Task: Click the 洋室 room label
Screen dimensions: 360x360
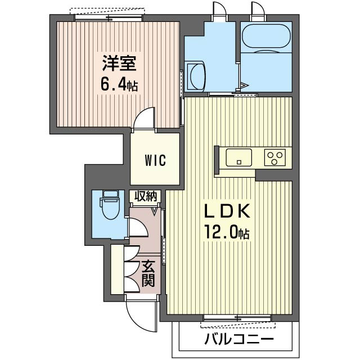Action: coord(119,64)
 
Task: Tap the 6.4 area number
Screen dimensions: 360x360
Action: coord(113,85)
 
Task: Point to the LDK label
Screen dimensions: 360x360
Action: coord(227,211)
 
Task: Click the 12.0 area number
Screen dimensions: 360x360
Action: coord(222,232)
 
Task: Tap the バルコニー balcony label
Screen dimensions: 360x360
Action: coord(239,339)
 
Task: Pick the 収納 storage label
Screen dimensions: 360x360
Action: coord(146,196)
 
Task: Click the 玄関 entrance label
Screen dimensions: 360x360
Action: coord(148,274)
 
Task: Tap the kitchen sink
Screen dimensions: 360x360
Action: coord(238,157)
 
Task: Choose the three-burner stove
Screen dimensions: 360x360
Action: coord(274,157)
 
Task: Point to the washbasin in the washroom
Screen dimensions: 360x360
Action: coord(196,76)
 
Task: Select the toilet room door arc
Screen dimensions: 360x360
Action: coord(138,227)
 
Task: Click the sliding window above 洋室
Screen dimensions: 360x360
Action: coord(108,18)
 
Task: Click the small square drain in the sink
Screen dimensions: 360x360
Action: coord(239,162)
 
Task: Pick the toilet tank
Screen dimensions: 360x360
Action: coord(110,193)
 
